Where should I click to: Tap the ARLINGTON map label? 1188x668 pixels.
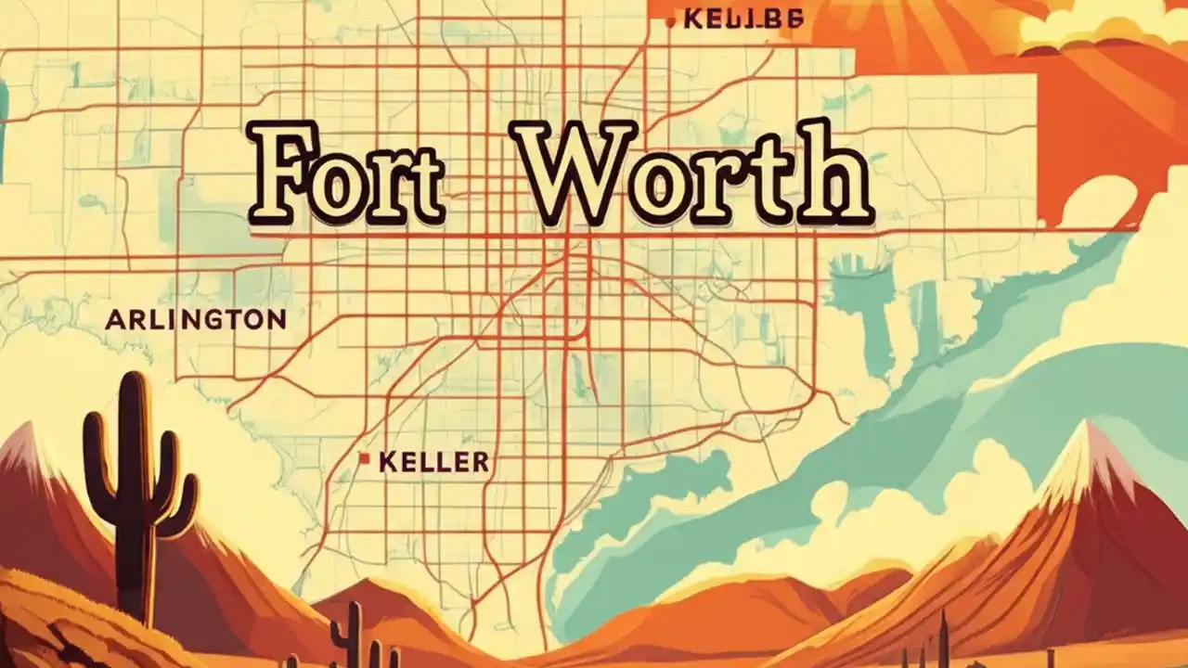tap(195, 320)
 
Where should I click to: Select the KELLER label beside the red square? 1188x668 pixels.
tap(434, 461)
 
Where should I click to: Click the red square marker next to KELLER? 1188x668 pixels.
tap(365, 457)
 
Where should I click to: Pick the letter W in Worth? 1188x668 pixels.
tap(574, 175)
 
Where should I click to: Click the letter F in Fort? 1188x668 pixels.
tap(278, 175)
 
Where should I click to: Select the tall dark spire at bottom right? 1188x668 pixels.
tap(945, 640)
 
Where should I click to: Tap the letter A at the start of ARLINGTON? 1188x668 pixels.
tap(114, 321)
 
